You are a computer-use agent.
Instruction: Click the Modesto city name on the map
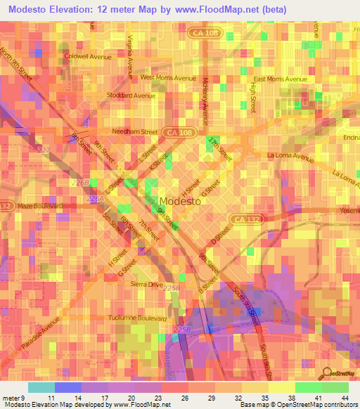tap(181, 201)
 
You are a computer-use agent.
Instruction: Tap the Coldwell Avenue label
tap(88, 56)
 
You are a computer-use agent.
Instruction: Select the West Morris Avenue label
tap(168, 77)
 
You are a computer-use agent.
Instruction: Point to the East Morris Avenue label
tap(278, 79)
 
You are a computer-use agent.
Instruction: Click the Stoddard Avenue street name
tap(131, 96)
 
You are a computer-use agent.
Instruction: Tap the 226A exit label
tap(94, 200)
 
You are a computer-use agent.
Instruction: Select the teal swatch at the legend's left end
tap(41, 387)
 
